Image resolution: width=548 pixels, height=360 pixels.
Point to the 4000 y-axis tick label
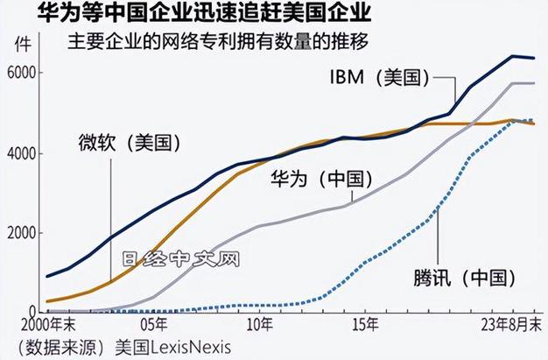click(x=22, y=153)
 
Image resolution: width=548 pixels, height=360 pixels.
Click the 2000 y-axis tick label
click(x=22, y=233)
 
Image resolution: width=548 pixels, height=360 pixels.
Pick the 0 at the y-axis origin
click(x=33, y=311)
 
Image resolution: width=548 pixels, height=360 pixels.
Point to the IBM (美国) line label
click(x=376, y=78)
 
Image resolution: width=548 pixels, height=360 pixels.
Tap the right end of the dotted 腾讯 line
click(x=535, y=121)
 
